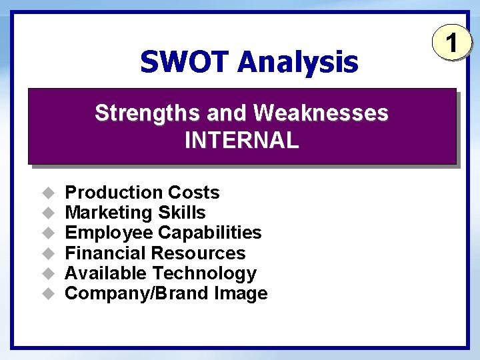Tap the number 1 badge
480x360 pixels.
[x=452, y=44]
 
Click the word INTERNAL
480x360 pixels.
[x=241, y=141]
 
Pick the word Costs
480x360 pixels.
[x=193, y=193]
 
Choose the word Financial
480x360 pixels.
[x=106, y=253]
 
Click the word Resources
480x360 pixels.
[x=199, y=253]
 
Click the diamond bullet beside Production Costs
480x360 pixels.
[x=47, y=193]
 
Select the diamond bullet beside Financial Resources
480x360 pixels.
[x=47, y=253]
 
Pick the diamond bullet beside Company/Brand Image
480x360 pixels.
[x=47, y=293]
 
